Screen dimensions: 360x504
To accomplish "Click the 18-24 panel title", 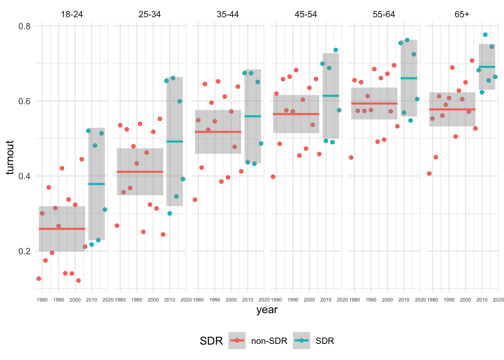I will tap(72, 14).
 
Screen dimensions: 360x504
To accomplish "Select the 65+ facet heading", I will tap(462, 14).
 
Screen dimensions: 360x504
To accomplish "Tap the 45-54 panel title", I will tap(306, 14).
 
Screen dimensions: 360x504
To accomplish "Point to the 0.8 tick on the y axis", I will tap(25, 26).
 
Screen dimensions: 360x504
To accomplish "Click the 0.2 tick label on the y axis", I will tap(25, 251).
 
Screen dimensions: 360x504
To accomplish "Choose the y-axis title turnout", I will tap(10, 157).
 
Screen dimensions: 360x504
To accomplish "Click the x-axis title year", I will tap(267, 310).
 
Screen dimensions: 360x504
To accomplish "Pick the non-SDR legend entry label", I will tap(269, 341).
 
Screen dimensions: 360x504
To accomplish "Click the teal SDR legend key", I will tap(301, 340).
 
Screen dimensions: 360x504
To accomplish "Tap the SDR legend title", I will tap(211, 341).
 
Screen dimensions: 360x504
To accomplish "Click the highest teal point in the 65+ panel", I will tap(485, 34).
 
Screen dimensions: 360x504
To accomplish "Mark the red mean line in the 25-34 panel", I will tap(140, 172).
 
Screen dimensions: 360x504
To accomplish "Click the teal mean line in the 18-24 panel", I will tap(96, 184).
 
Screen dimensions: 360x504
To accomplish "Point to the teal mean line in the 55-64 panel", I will tap(409, 78).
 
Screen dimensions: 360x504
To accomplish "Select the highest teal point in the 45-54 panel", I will tap(336, 50).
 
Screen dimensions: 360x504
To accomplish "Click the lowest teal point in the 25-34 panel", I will tap(169, 213).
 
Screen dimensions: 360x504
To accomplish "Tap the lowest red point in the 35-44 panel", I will tap(195, 199).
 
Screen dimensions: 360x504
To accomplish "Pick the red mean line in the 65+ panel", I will tap(452, 109).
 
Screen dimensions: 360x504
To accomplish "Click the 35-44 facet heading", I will tap(228, 14).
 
